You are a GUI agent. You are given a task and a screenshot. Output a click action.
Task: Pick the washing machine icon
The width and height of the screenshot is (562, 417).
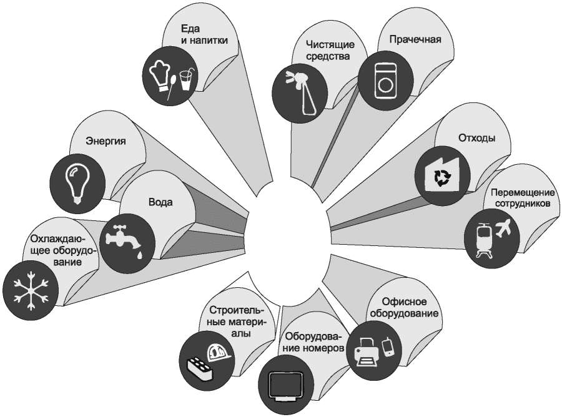(x=387, y=80)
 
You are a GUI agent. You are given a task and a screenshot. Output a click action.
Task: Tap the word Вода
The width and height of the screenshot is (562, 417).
(x=160, y=203)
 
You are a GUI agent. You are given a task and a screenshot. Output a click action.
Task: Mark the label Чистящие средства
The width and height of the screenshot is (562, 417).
(x=330, y=50)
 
